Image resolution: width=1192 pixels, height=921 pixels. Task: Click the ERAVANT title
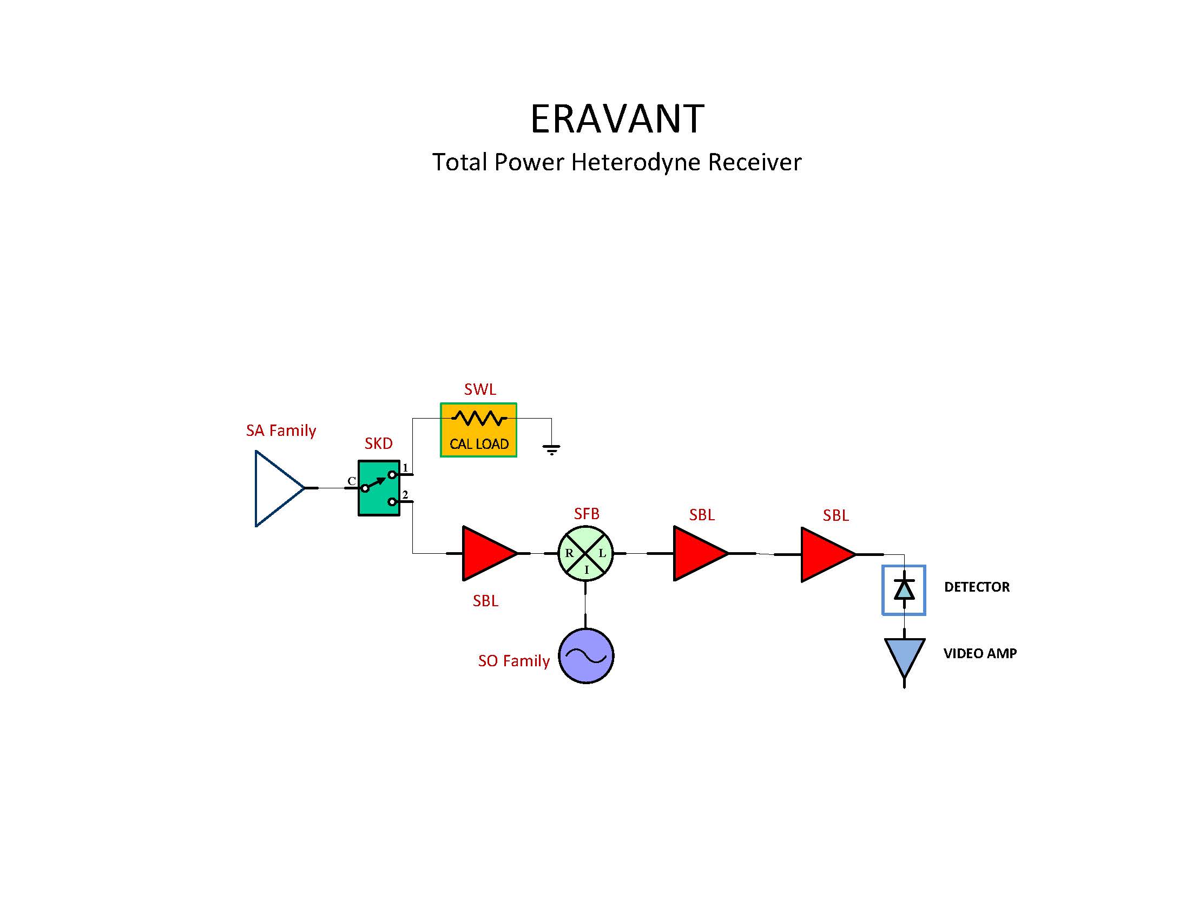click(x=617, y=118)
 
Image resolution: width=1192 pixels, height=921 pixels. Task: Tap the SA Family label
click(x=280, y=430)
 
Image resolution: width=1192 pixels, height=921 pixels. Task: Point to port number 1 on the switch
click(x=405, y=468)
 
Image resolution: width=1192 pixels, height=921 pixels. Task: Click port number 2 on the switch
click(x=405, y=494)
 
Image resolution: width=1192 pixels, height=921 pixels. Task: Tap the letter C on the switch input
click(x=352, y=481)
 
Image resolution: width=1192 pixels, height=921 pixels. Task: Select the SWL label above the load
click(x=480, y=389)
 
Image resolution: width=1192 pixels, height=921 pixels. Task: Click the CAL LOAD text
click(x=479, y=443)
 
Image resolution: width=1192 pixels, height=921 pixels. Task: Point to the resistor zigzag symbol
click(x=479, y=419)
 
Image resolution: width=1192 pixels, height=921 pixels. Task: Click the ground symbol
click(x=551, y=449)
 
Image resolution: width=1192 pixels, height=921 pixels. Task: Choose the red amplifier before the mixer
click(x=486, y=553)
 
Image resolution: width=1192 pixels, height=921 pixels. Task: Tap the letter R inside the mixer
click(x=569, y=553)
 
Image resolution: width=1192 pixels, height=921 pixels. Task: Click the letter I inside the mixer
click(x=587, y=570)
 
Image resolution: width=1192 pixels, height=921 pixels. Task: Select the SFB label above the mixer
click(x=586, y=513)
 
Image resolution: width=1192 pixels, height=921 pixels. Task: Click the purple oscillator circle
click(x=585, y=655)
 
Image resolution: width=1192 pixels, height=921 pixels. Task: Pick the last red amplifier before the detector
click(x=825, y=554)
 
